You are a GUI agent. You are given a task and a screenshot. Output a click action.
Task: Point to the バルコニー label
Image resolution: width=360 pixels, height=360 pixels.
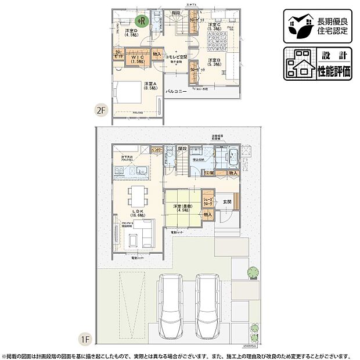(177, 92)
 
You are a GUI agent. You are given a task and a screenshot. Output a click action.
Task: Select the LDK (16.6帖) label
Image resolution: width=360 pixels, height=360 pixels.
(137, 213)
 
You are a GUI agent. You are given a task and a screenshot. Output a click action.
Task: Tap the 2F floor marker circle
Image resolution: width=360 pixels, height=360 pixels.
(102, 109)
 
